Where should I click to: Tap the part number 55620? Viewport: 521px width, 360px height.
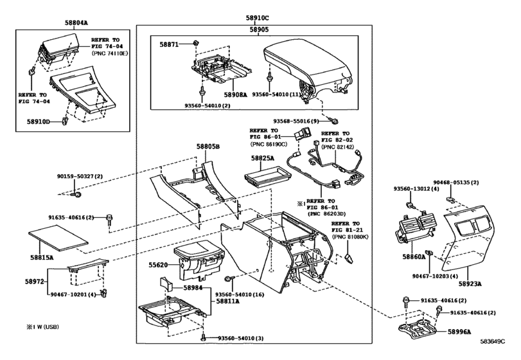(159, 264)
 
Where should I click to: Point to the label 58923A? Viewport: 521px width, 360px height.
(473, 283)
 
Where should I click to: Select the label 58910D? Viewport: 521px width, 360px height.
(39, 121)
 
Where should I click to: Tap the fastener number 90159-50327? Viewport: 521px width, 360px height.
(79, 176)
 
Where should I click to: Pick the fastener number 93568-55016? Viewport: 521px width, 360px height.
(296, 121)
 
